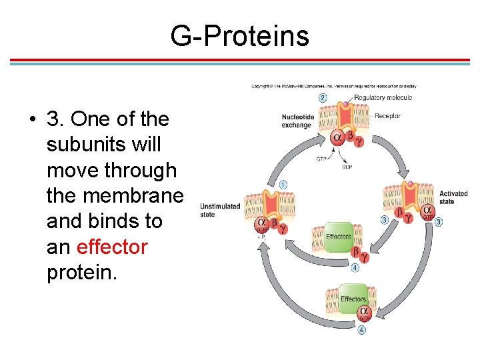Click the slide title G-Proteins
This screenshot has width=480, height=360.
240,35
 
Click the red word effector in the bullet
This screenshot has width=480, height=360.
112,247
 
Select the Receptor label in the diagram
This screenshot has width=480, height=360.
387,116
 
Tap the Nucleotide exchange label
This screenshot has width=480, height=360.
296,121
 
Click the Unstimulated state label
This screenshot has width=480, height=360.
219,210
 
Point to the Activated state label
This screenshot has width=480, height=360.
453,197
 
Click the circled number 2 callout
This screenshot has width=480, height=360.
323,97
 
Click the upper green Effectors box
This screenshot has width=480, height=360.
339,237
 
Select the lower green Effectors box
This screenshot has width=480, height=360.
353,299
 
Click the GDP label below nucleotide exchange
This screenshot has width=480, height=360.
347,167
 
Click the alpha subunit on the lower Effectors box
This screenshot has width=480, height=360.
364,311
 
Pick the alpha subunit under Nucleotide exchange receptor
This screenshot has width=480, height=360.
337,138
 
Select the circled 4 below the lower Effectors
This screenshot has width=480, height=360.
362,329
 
